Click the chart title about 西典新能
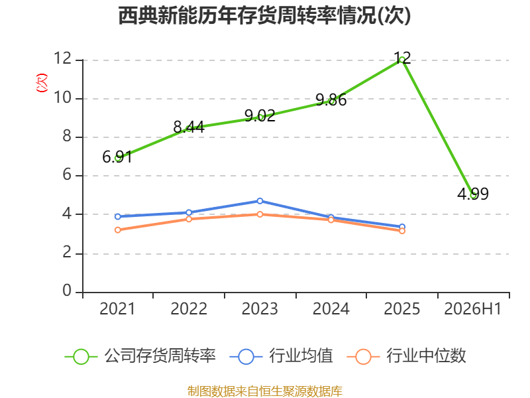tap(264, 15)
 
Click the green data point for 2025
tap(402, 60)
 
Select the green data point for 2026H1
tap(473, 195)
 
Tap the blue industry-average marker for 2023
tap(260, 201)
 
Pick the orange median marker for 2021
tap(118, 230)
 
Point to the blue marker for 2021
tap(118, 217)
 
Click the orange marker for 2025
tap(402, 231)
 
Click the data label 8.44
tap(189, 127)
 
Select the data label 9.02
tap(260, 115)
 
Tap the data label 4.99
tap(473, 194)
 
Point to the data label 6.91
tap(117, 157)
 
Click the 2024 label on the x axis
tap(331, 308)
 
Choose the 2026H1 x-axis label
tap(472, 308)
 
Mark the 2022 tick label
tap(189, 308)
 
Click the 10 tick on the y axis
tap(63, 98)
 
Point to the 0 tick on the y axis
tap(67, 291)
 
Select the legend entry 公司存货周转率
tap(140, 356)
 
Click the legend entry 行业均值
tap(281, 356)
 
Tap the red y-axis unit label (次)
tap(42, 83)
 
